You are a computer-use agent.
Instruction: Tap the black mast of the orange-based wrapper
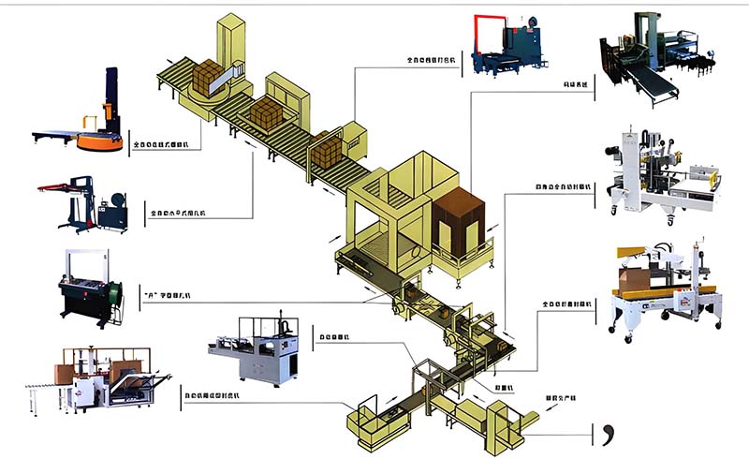point(111,97)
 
